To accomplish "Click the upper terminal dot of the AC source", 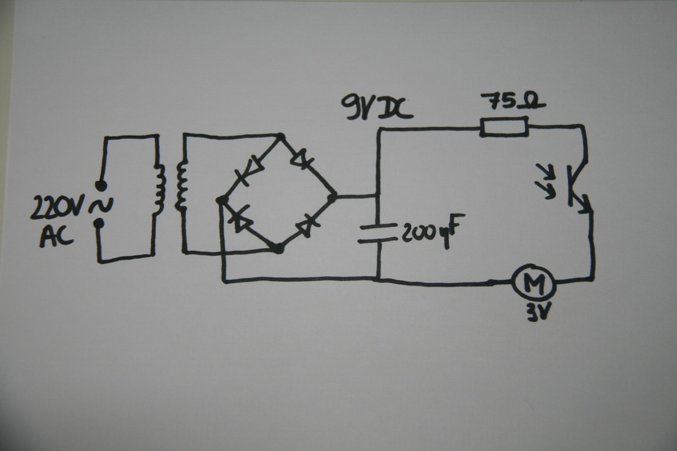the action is [100, 185].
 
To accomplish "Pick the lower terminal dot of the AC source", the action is [99, 223].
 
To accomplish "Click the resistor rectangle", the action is [504, 127].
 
